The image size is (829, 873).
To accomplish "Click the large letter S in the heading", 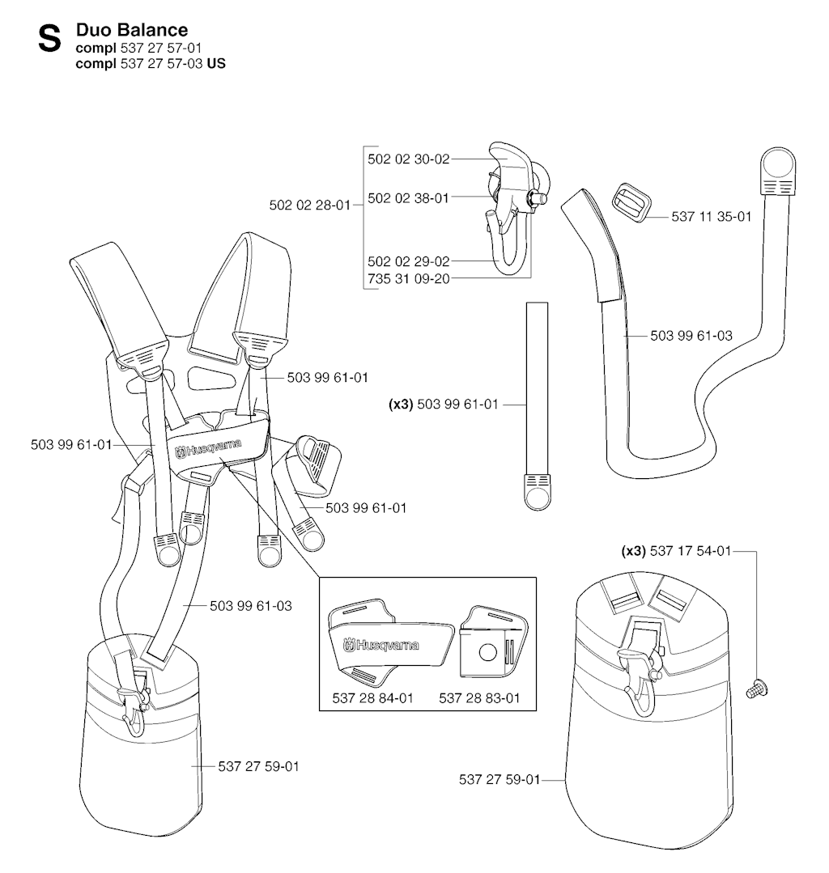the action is pyautogui.click(x=49, y=40).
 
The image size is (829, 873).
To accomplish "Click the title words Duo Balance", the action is pyautogui.click(x=131, y=29).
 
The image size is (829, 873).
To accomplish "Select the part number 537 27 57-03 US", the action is pyautogui.click(x=172, y=63).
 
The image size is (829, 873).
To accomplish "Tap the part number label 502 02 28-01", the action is pyautogui.click(x=310, y=205).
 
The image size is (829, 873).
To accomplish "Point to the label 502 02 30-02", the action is pyautogui.click(x=408, y=159).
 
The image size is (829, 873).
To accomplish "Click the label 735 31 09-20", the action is pyautogui.click(x=408, y=279).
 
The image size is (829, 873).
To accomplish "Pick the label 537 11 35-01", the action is pyautogui.click(x=712, y=217).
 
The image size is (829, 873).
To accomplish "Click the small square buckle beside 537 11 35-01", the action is pyautogui.click(x=631, y=201).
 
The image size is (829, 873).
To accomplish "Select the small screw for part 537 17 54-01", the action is pyautogui.click(x=757, y=689).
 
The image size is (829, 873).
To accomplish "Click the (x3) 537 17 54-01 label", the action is pyautogui.click(x=676, y=551).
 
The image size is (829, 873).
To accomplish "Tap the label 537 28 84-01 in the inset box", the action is pyautogui.click(x=372, y=698).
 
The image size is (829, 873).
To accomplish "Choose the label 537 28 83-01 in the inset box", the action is pyautogui.click(x=479, y=698).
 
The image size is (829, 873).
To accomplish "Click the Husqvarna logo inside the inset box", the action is pyautogui.click(x=381, y=646).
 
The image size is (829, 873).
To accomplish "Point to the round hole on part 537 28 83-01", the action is pyautogui.click(x=488, y=652).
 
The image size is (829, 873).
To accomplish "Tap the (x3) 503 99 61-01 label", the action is pyautogui.click(x=443, y=405).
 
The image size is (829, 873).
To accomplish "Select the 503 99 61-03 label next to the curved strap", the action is pyautogui.click(x=691, y=336).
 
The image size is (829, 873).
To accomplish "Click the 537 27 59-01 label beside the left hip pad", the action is pyautogui.click(x=258, y=767).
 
